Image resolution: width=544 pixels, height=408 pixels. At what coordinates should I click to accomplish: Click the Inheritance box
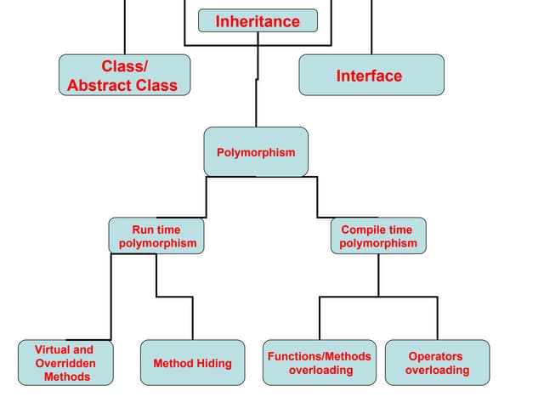tap(258, 21)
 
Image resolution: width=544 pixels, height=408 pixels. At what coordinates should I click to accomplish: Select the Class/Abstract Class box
tap(124, 76)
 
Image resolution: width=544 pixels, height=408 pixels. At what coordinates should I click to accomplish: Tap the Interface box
tap(371, 76)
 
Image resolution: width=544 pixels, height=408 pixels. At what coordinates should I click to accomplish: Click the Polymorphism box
tap(256, 152)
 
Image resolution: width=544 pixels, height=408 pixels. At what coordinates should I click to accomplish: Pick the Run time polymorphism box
tap(157, 236)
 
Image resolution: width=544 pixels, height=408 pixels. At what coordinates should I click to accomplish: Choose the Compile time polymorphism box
tap(377, 236)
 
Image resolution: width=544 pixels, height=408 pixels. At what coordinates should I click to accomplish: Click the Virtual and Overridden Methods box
tap(65, 363)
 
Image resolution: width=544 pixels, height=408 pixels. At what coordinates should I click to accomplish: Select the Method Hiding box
tap(192, 363)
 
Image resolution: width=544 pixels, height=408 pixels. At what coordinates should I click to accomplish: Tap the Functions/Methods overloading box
tap(319, 363)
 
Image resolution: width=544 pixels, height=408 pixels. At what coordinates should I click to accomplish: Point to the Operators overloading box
tap(437, 363)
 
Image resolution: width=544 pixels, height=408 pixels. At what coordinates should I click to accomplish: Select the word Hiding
tap(213, 364)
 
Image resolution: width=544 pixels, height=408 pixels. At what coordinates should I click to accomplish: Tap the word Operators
tap(435, 356)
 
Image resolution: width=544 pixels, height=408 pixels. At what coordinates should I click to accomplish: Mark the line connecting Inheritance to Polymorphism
tap(256, 106)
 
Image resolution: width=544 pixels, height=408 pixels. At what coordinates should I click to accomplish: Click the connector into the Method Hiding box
tap(192, 319)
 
